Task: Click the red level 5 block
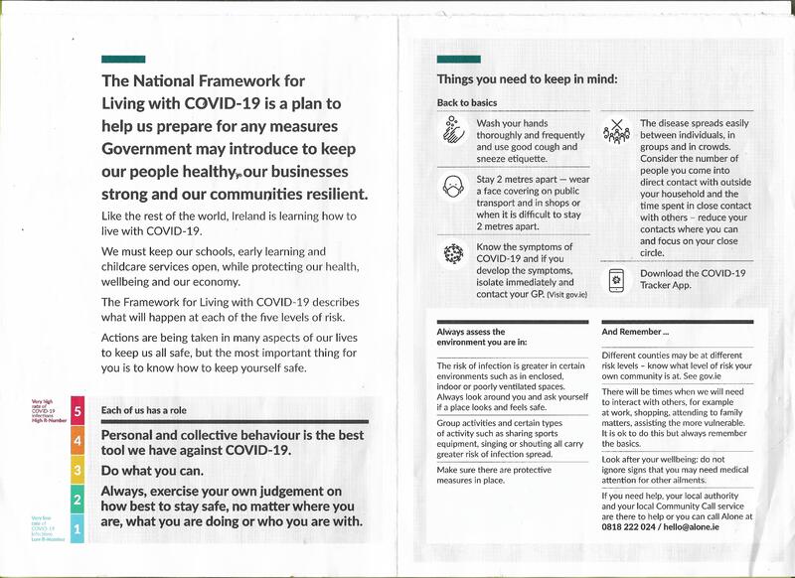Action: (x=78, y=410)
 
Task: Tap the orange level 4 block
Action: (x=78, y=440)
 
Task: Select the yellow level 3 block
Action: (x=78, y=470)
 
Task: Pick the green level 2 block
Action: (x=78, y=501)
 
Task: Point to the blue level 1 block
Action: (x=78, y=532)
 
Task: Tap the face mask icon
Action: (x=453, y=187)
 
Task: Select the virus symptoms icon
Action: (x=453, y=254)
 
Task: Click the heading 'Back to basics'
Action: (x=467, y=103)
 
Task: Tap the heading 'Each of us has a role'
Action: (x=143, y=410)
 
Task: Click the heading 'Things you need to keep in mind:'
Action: (x=527, y=79)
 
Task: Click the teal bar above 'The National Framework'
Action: (x=123, y=60)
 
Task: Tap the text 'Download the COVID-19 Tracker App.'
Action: (x=692, y=279)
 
